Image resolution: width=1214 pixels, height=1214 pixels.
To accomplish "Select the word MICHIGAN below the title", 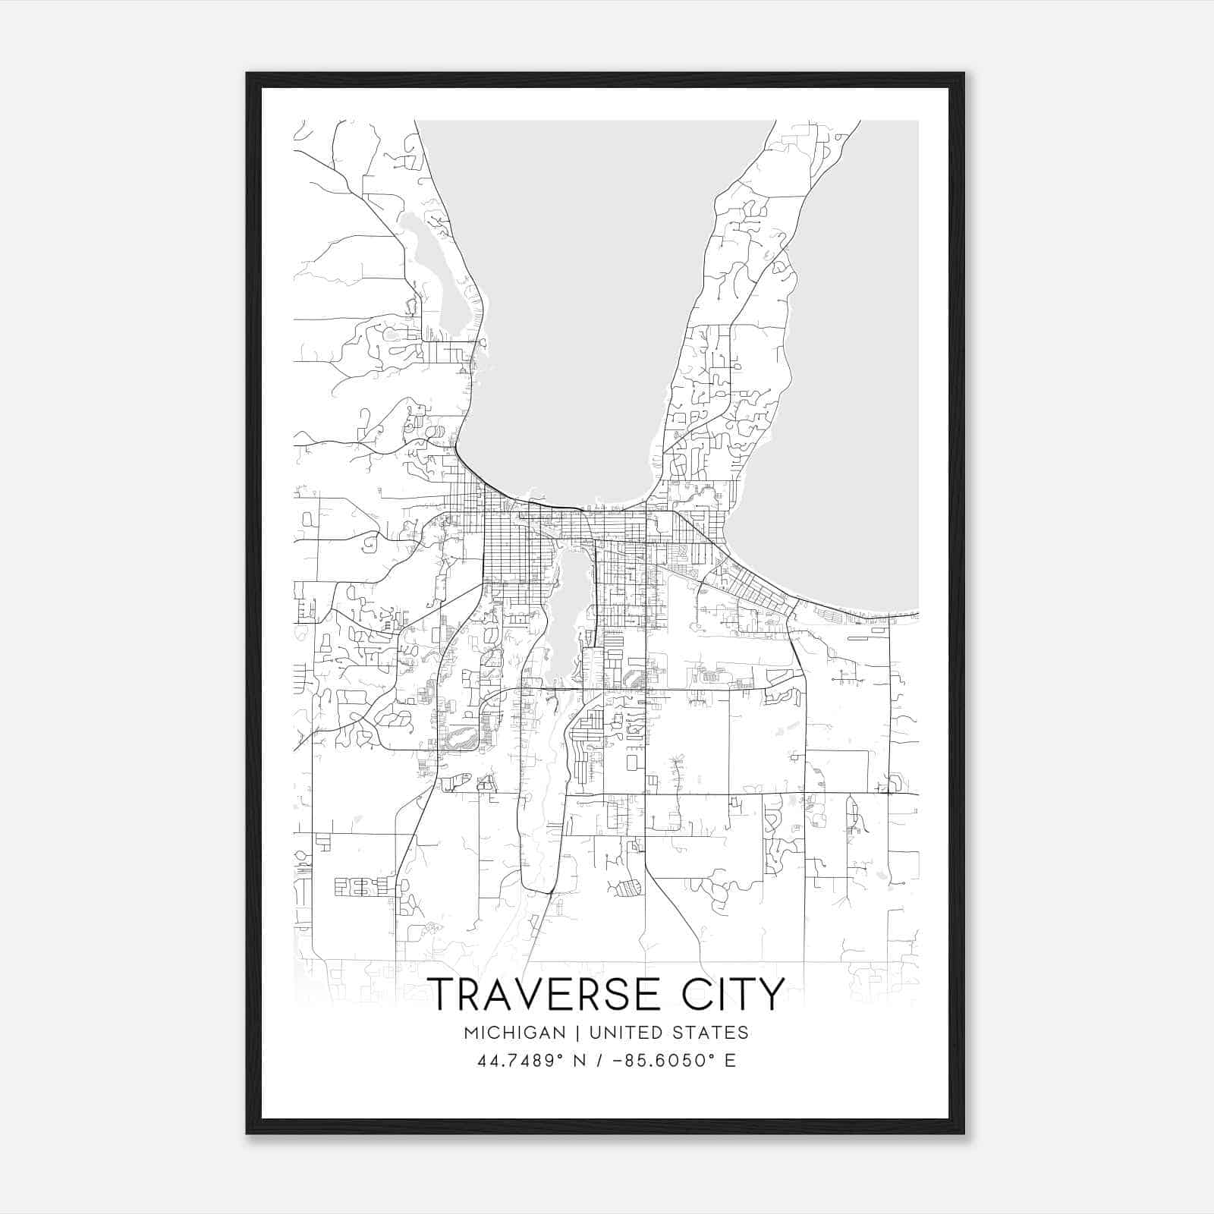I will click(516, 1033).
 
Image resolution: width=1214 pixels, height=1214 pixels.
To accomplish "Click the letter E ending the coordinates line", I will click(730, 1061).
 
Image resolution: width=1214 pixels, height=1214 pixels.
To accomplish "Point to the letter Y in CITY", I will click(771, 995).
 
